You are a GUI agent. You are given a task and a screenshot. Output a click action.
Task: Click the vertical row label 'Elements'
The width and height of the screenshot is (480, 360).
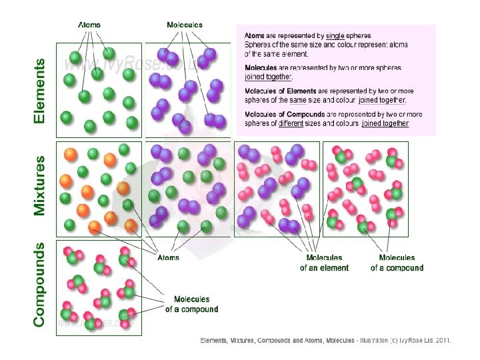40,91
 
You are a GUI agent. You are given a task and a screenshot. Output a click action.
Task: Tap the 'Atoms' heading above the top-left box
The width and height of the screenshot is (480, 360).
89,25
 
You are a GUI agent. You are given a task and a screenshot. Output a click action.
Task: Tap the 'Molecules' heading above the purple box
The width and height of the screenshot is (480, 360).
185,25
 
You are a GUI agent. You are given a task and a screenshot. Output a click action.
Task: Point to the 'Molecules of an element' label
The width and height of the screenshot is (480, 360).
324,263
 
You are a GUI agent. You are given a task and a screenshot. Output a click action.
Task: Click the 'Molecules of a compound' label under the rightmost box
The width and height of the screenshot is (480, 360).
397,263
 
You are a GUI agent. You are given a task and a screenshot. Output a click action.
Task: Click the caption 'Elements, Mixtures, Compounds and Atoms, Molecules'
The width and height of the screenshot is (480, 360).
277,341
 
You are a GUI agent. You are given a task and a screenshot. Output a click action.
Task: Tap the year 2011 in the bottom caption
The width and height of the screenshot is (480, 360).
443,341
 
